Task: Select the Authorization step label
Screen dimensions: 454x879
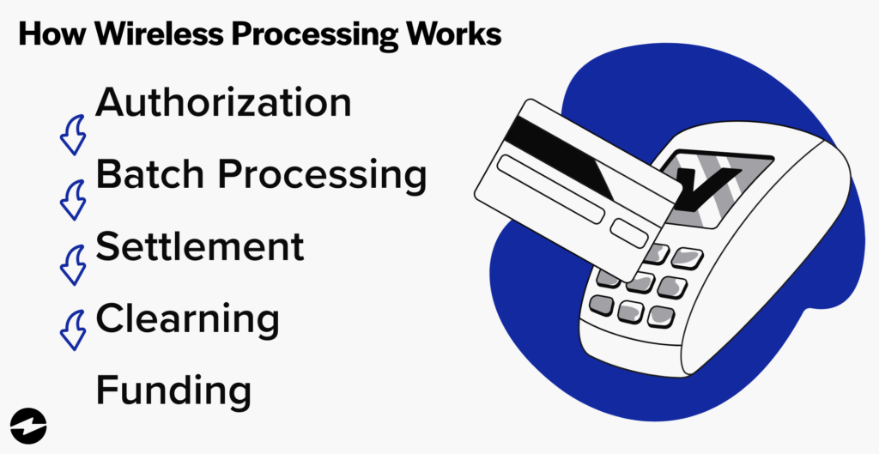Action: coord(223,104)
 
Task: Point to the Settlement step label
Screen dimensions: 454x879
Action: coord(199,246)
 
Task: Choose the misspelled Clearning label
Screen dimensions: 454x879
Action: coord(187,319)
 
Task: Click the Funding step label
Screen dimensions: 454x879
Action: coord(173,390)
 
